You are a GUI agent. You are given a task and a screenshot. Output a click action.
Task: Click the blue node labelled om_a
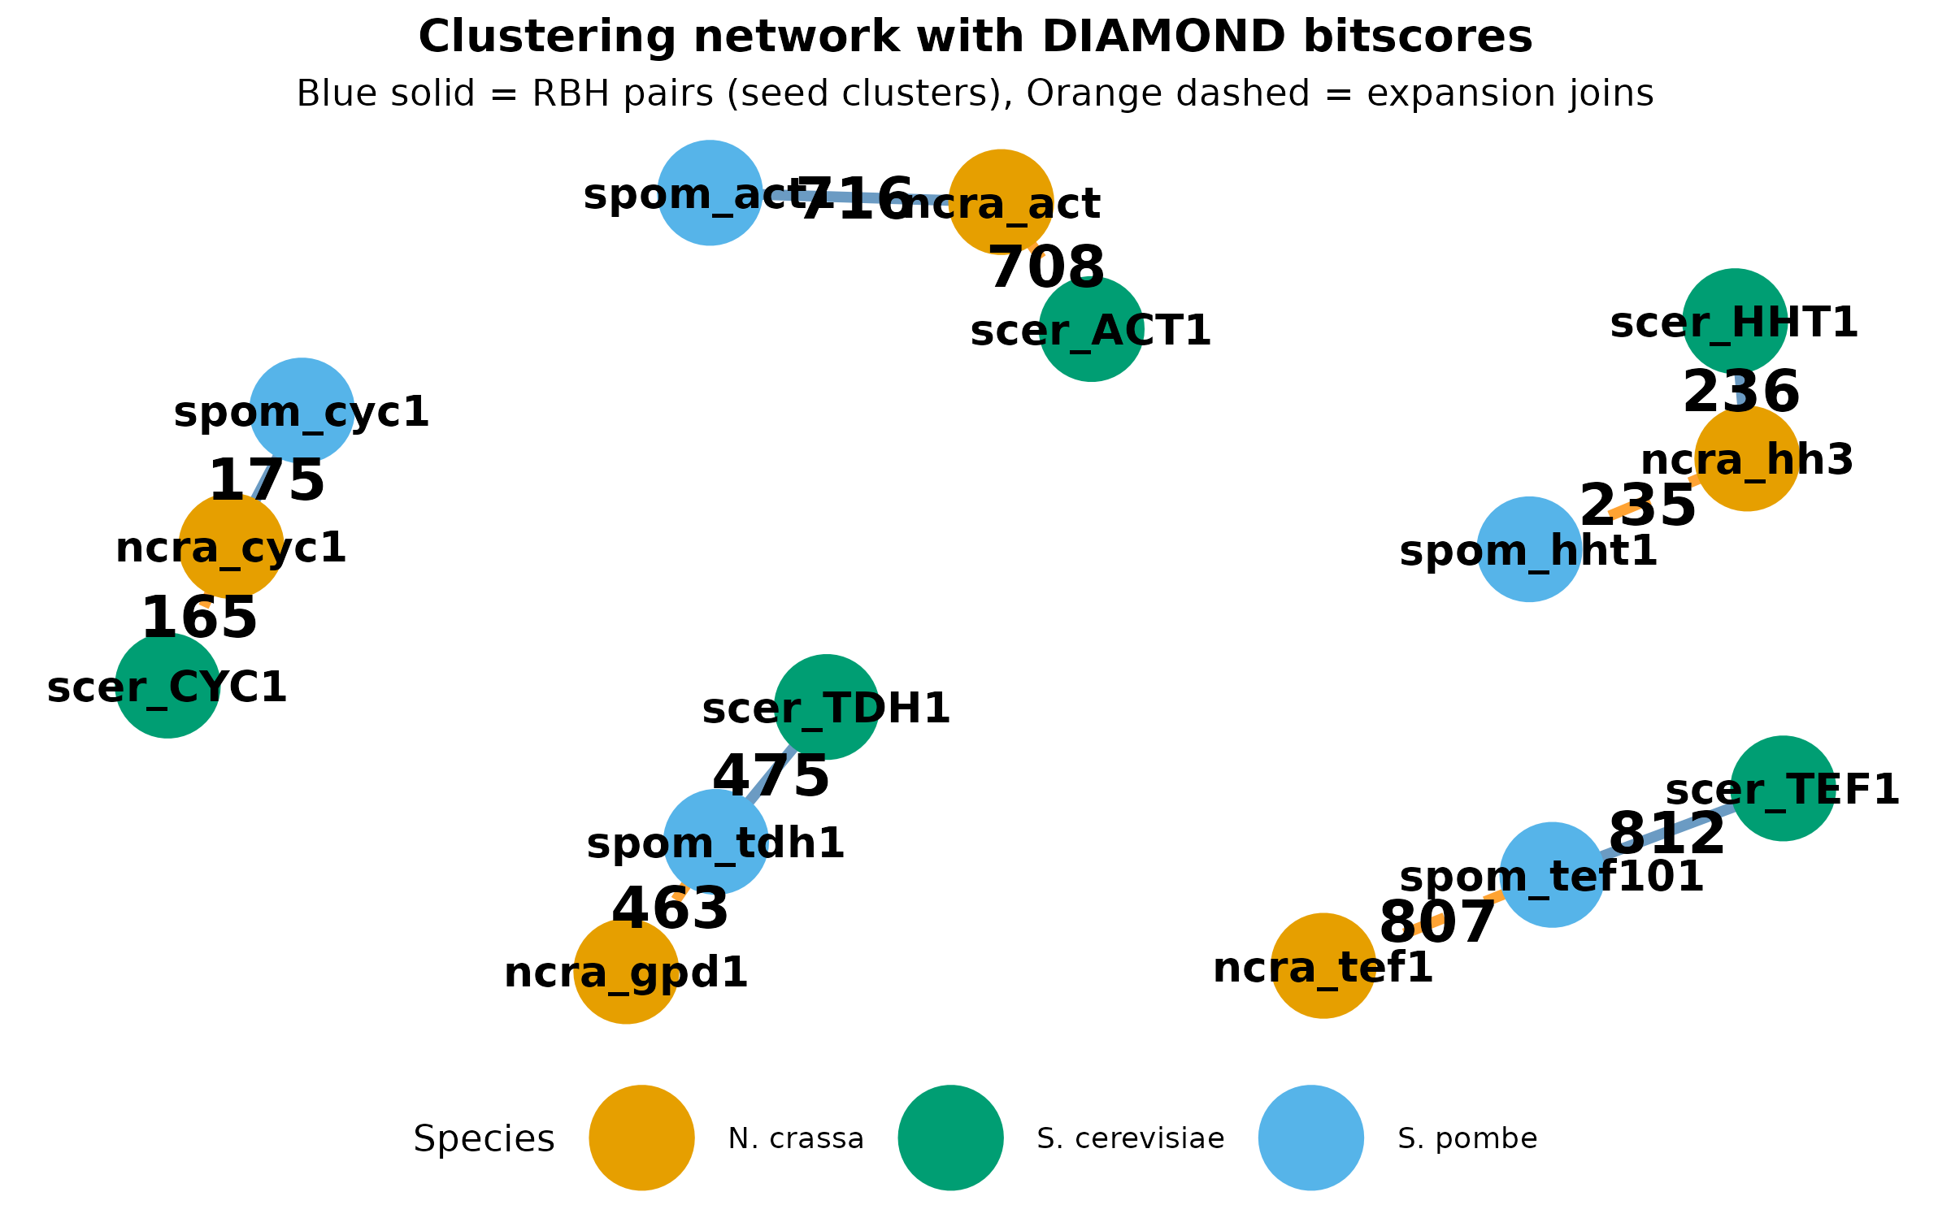(710, 193)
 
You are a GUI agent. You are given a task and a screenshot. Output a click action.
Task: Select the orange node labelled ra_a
(1001, 202)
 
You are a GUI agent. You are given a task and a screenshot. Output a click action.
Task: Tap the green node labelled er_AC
(1091, 329)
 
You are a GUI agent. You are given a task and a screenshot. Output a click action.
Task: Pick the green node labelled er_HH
(1735, 321)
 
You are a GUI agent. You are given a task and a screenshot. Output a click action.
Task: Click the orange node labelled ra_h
(1747, 459)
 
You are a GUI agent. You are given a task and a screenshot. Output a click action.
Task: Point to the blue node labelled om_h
(1529, 549)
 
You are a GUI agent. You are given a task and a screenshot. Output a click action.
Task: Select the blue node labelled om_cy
(302, 410)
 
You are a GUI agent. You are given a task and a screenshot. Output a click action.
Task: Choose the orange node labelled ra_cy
(231, 546)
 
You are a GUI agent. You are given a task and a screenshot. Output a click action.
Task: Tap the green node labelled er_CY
(167, 686)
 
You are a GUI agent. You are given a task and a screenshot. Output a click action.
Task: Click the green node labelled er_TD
(826, 707)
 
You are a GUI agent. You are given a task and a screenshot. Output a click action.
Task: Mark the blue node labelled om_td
(715, 842)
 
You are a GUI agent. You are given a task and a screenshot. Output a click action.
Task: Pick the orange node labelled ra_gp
(626, 971)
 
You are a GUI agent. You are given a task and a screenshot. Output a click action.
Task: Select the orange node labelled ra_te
(1323, 965)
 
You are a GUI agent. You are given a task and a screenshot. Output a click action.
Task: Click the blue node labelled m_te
(1551, 874)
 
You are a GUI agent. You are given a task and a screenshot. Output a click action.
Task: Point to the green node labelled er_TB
(1783, 788)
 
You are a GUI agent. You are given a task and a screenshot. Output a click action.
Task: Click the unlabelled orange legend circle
(641, 1138)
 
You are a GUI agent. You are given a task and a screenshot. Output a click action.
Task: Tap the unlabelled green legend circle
(950, 1138)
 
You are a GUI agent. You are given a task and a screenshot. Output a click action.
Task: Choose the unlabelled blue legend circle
(1310, 1138)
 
